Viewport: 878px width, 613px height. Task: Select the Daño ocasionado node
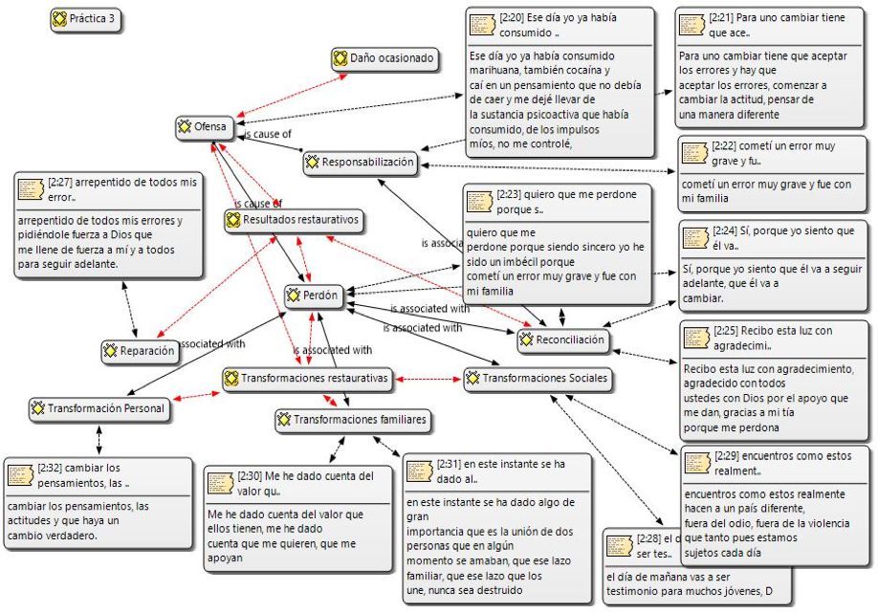tap(384, 59)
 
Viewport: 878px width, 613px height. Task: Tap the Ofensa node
tap(204, 126)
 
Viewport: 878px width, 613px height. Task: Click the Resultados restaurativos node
tap(294, 220)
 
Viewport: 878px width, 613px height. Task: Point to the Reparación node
tap(141, 351)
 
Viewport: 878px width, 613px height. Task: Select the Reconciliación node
tap(563, 339)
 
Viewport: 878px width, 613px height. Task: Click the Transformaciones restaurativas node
tap(307, 379)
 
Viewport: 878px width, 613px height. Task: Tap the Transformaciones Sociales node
tap(537, 379)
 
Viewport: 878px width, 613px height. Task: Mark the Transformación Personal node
tap(98, 408)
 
